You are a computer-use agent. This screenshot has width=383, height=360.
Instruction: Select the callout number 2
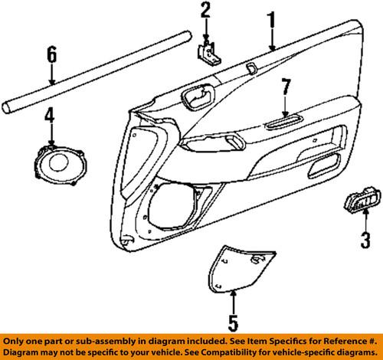pos(205,11)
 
